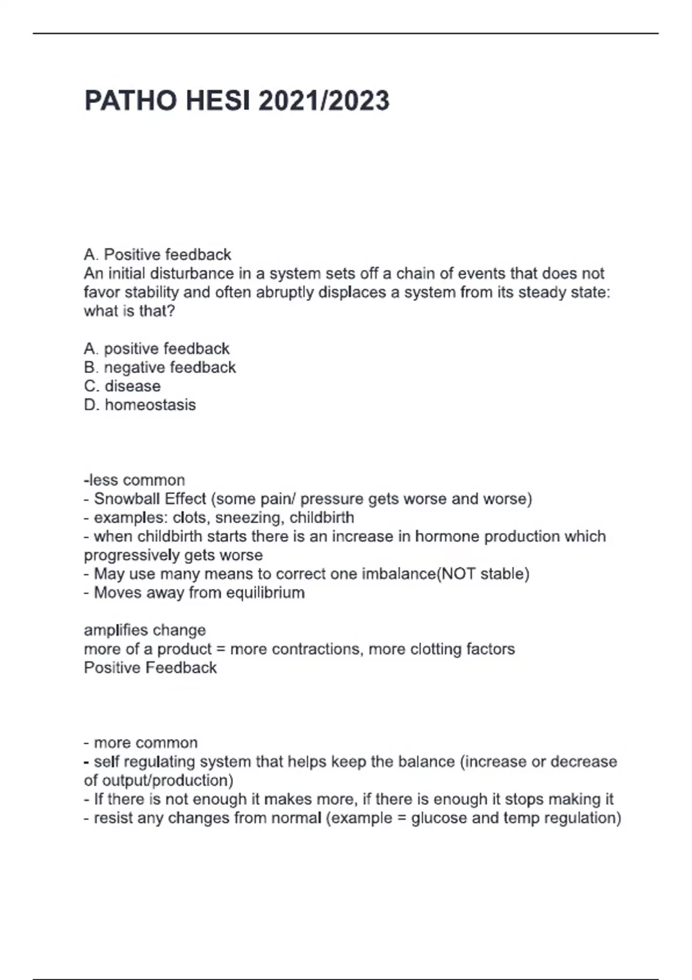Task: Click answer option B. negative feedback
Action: click(160, 367)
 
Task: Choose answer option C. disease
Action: click(122, 386)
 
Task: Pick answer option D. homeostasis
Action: click(140, 405)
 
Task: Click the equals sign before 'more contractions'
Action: click(220, 649)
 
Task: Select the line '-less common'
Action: click(134, 480)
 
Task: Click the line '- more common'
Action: click(141, 742)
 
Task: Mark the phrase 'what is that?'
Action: click(129, 311)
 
